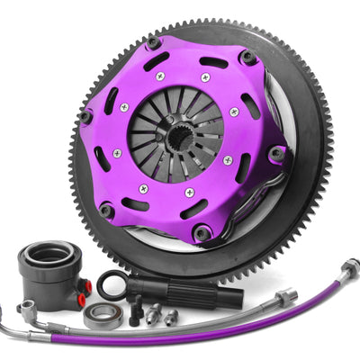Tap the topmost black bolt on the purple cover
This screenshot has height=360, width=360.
point(154,42)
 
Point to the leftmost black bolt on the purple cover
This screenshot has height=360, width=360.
point(85,117)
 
